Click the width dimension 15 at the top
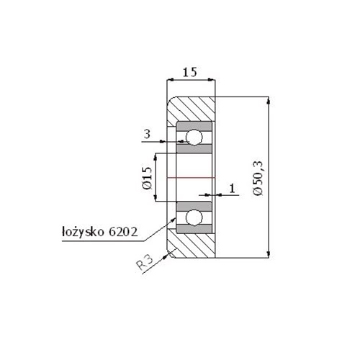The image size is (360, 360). [190, 72]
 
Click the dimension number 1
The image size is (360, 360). [232, 188]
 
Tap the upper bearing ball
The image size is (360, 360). [193, 137]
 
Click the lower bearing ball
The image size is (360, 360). [193, 217]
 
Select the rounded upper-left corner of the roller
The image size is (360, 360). [172, 102]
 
